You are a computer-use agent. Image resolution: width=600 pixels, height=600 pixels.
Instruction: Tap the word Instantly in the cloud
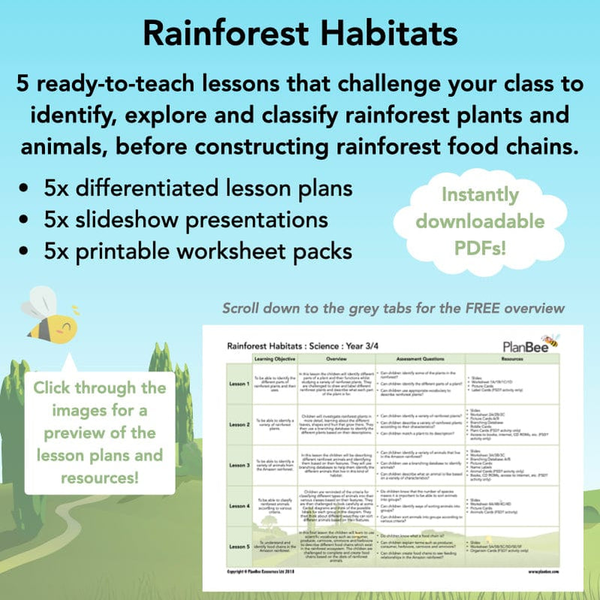tap(479, 196)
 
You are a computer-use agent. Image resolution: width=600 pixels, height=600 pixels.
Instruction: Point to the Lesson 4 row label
tap(240, 506)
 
